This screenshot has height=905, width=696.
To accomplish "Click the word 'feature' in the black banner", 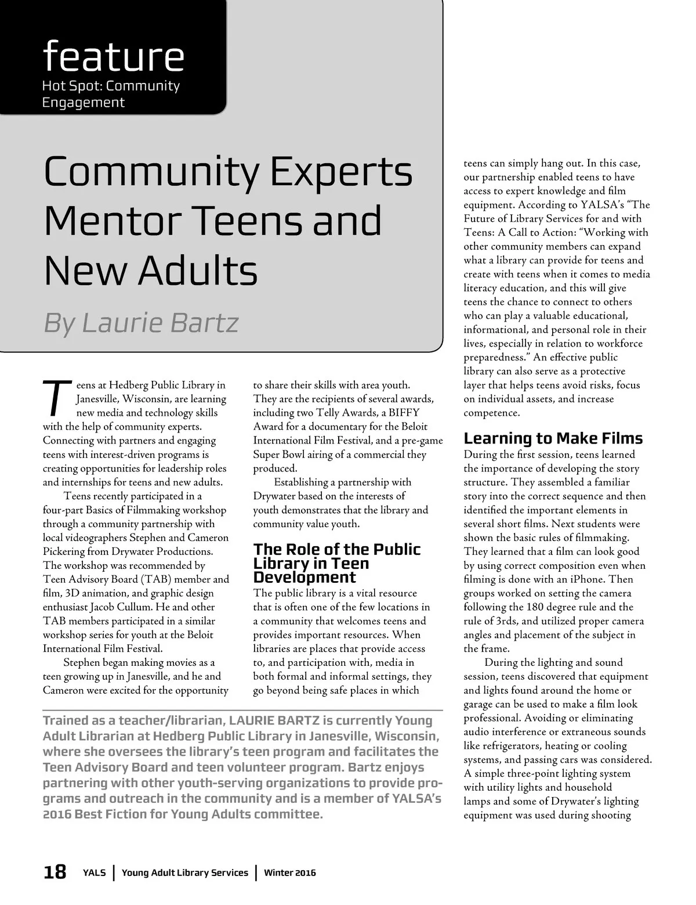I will [x=113, y=56].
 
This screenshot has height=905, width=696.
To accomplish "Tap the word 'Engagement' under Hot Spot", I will [x=84, y=103].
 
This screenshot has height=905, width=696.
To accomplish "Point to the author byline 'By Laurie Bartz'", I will [x=141, y=323].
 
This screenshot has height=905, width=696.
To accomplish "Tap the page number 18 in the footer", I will [x=55, y=872].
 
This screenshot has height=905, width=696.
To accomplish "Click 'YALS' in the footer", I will [x=94, y=872].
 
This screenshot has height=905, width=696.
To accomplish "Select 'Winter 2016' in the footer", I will [x=290, y=872].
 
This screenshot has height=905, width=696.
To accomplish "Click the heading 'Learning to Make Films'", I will [x=553, y=438].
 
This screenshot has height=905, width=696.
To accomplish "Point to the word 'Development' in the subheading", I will [x=304, y=578].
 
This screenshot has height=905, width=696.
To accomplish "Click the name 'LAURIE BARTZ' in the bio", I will [x=274, y=721].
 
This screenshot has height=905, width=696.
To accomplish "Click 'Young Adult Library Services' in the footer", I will [x=185, y=872].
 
